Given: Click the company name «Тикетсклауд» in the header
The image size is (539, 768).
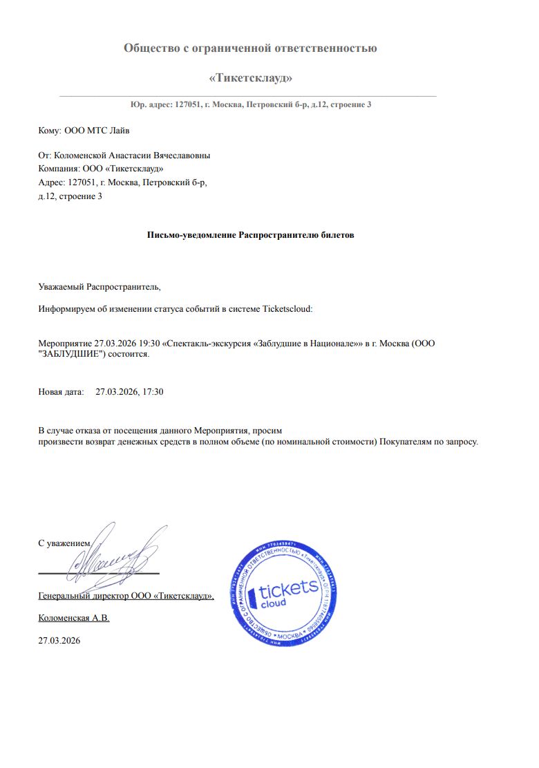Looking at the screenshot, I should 250,77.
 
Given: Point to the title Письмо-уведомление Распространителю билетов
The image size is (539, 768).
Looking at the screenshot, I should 250,235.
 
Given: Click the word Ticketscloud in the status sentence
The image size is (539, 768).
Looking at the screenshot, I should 287,309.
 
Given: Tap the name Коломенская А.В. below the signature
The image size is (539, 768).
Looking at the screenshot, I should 73,618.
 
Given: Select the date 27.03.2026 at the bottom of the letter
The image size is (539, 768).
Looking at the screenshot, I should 59,641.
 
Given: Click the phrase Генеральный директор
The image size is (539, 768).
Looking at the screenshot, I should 83,596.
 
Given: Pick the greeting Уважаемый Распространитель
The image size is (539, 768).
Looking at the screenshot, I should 99,286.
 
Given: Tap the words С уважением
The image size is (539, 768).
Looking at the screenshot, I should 64,543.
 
